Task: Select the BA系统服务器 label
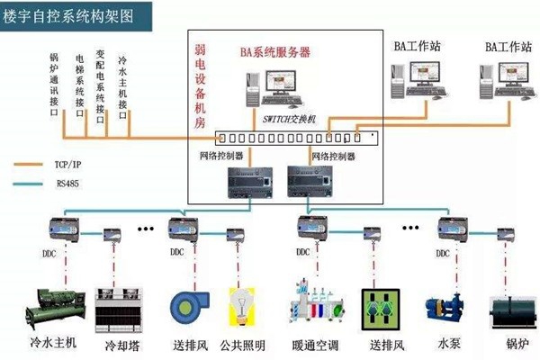275,52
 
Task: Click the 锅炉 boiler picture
510,310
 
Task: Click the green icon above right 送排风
378,307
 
